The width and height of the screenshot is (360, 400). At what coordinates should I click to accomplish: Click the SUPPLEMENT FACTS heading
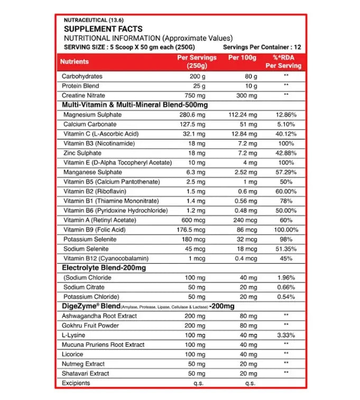(x=103, y=29)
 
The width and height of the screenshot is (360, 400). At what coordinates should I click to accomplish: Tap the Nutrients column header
(x=75, y=62)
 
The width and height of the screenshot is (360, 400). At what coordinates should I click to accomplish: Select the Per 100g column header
(x=242, y=58)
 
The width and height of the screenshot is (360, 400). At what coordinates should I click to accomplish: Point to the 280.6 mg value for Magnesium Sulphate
(x=192, y=115)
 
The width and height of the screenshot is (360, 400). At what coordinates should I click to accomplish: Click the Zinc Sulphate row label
(x=83, y=153)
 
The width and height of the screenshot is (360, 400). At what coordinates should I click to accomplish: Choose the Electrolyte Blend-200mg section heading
(x=104, y=268)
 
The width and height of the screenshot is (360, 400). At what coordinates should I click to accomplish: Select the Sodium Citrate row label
(x=84, y=287)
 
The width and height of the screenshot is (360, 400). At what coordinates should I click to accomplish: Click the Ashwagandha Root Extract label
(x=99, y=316)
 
